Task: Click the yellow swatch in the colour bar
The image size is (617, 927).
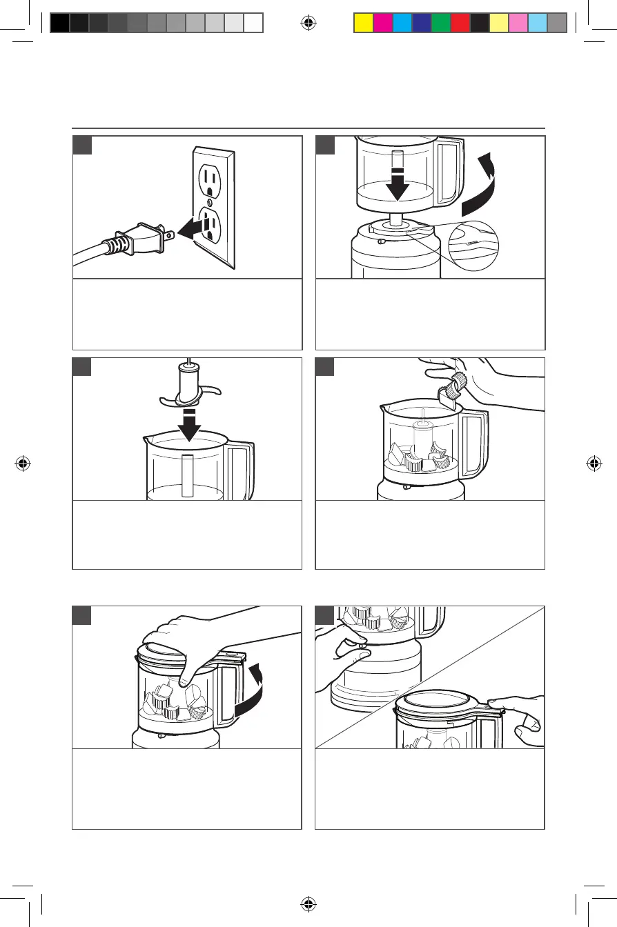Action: coord(363,23)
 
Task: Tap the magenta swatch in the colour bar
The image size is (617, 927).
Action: coord(382,23)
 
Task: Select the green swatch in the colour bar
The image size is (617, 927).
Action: coord(441,23)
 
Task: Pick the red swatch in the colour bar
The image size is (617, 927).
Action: coord(460,23)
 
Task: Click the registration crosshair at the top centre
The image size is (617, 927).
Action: coord(308,23)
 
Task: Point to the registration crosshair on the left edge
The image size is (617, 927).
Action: coord(23,464)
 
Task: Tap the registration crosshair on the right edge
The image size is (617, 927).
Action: coord(594,464)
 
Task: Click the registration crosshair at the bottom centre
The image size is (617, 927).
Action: coord(308,904)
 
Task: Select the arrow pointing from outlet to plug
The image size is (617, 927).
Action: coord(193,230)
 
